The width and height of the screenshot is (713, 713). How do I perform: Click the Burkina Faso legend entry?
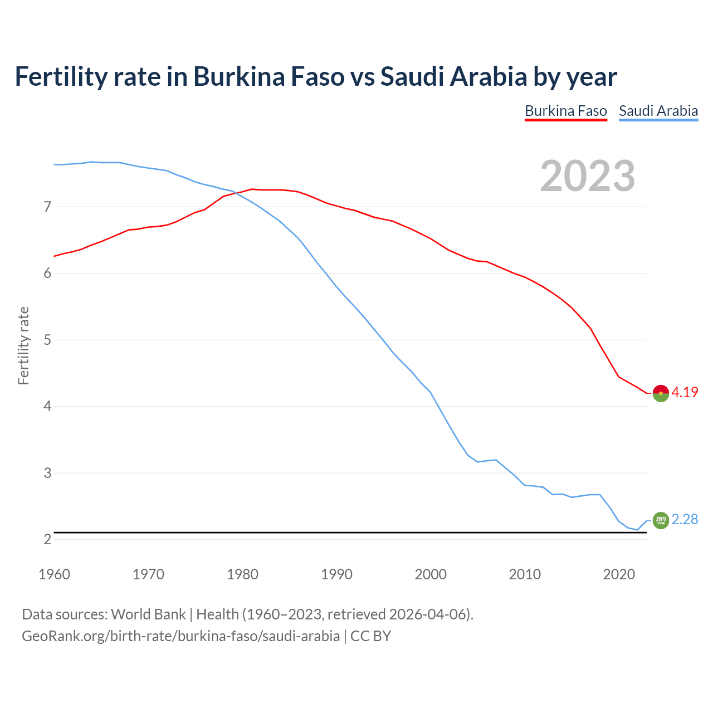(565, 111)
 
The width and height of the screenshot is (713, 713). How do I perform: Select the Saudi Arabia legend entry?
(658, 111)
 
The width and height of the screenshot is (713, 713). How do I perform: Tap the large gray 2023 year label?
(588, 176)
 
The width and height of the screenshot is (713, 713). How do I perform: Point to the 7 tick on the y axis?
(47, 207)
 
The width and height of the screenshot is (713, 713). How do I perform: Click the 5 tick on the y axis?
(47, 340)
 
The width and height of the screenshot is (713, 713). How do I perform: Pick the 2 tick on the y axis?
(47, 539)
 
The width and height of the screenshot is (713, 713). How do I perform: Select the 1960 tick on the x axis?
(54, 574)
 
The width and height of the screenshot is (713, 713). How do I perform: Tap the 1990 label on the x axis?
(336, 574)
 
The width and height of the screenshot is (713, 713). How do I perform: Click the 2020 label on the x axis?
(619, 574)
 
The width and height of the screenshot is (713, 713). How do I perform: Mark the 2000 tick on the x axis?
(431, 574)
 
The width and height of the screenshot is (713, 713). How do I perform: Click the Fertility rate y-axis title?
(23, 345)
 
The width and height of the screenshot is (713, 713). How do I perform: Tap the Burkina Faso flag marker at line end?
(661, 393)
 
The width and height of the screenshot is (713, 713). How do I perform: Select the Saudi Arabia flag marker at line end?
(661, 520)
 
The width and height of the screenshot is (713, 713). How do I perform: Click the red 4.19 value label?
(685, 392)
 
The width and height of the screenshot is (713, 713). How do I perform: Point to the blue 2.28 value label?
(685, 519)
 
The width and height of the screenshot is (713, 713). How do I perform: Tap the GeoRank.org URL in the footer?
(180, 636)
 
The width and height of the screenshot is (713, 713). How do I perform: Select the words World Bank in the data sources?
(148, 614)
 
